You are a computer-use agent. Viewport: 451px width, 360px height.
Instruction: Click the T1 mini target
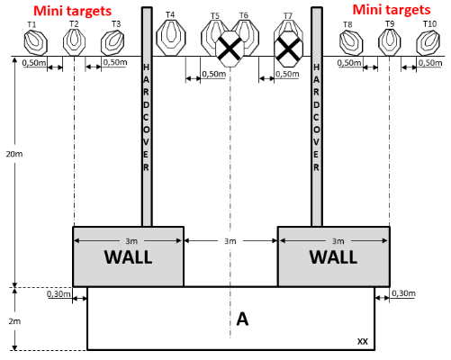[x=36, y=43]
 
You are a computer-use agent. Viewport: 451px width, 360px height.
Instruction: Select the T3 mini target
[x=113, y=43]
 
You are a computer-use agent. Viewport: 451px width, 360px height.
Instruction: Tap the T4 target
[x=171, y=38]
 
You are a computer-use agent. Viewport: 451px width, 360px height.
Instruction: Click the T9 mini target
[x=390, y=43]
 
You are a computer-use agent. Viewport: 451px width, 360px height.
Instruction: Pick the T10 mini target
[x=428, y=43]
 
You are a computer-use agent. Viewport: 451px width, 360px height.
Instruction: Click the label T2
[x=74, y=23]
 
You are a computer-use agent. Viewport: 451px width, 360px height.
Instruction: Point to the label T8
[x=347, y=24]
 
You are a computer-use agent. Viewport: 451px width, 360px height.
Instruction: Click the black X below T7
[x=288, y=48]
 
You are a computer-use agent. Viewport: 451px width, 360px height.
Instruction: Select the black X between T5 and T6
[x=230, y=49]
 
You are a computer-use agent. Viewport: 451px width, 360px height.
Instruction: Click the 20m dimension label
[x=14, y=154]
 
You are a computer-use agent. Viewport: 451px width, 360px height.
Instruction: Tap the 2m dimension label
[x=14, y=321]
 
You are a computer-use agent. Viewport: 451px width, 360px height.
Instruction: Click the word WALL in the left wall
[x=128, y=257]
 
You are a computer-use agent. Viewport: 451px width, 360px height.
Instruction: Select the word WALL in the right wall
[x=333, y=257]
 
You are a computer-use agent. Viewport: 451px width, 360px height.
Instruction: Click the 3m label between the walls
[x=230, y=241]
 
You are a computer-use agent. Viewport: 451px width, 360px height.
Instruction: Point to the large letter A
[x=242, y=319]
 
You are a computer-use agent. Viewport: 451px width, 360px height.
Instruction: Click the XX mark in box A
[x=363, y=341]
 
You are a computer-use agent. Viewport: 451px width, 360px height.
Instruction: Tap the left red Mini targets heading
[x=72, y=11]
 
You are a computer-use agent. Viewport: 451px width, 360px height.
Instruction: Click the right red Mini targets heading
[x=392, y=10]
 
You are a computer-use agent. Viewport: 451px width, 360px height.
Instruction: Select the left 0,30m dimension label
[x=59, y=294]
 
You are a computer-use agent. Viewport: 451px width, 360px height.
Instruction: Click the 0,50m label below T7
[x=287, y=74]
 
